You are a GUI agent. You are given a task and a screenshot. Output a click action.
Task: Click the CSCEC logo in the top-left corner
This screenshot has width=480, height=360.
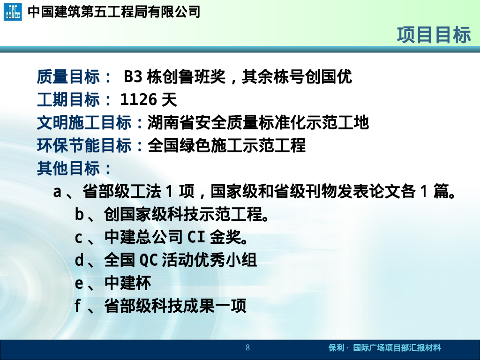click(13, 12)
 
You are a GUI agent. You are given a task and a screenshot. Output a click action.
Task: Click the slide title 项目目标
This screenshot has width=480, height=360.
click(434, 35)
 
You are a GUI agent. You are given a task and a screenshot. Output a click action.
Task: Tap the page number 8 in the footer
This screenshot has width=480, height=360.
click(247, 348)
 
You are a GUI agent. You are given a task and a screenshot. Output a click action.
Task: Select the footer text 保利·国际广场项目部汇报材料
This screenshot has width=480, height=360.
click(384, 348)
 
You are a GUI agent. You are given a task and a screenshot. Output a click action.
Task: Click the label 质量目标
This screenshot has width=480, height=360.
click(68, 76)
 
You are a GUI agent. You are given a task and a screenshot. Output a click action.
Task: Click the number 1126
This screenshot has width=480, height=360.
click(139, 99)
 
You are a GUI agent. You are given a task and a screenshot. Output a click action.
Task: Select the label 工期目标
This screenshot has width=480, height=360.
click(68, 99)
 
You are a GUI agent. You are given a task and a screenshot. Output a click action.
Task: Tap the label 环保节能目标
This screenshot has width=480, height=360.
click(84, 145)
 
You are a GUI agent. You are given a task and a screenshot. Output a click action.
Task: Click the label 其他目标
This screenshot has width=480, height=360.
click(68, 168)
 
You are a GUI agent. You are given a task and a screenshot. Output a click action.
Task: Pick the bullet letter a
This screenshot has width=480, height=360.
click(58, 192)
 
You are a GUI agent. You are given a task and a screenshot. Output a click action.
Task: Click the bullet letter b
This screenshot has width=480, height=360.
click(79, 215)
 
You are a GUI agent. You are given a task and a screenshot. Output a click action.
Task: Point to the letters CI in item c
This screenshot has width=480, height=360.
click(196, 238)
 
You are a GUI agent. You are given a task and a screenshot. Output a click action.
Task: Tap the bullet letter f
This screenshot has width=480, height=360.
click(78, 306)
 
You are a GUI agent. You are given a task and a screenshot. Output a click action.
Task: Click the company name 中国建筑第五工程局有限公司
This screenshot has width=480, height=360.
click(114, 12)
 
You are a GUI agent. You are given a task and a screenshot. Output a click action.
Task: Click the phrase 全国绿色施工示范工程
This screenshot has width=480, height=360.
click(226, 145)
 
